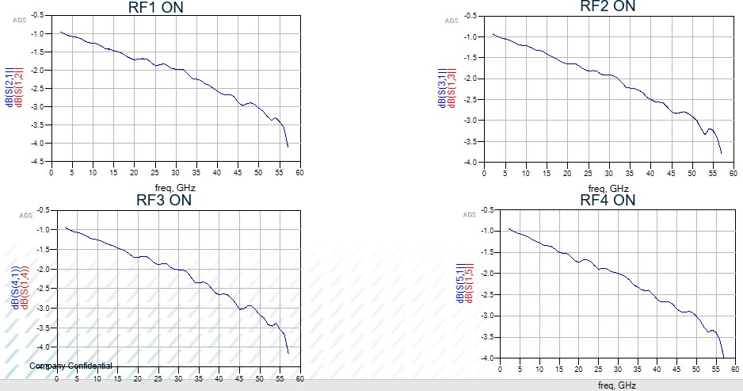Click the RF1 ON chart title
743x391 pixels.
(161, 7)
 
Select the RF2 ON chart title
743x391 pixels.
(608, 6)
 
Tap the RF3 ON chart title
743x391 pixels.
(164, 199)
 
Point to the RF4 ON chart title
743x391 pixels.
(608, 200)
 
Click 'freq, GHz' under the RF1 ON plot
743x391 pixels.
(176, 187)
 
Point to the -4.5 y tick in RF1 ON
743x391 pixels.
(36, 161)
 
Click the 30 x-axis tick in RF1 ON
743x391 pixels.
(176, 172)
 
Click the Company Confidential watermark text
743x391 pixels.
(71, 366)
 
